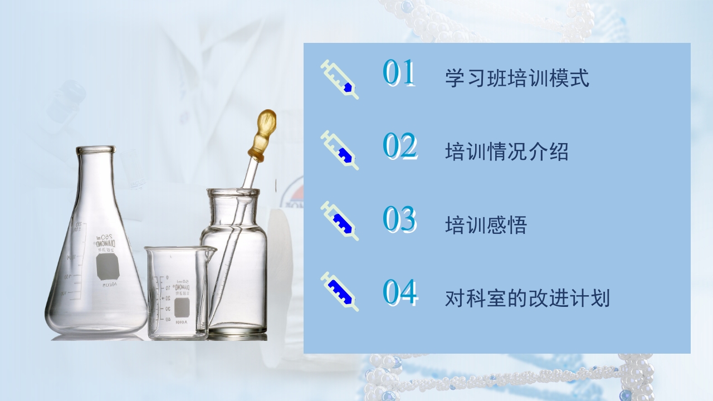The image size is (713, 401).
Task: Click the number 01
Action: click(x=399, y=73)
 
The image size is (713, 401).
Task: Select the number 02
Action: click(x=400, y=146)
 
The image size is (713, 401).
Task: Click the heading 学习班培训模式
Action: click(x=517, y=78)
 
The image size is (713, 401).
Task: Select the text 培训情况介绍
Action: click(x=506, y=151)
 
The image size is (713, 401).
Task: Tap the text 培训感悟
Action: click(x=486, y=225)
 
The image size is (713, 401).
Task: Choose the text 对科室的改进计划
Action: click(x=527, y=299)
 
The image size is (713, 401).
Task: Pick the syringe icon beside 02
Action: click(x=340, y=150)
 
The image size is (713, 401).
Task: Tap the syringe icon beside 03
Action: click(x=340, y=221)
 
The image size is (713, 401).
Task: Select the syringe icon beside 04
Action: click(x=340, y=291)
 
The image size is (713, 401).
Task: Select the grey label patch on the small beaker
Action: click(x=182, y=307)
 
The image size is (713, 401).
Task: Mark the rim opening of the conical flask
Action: click(x=95, y=149)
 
